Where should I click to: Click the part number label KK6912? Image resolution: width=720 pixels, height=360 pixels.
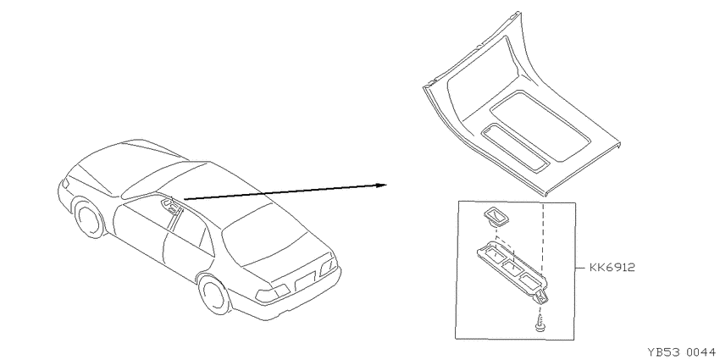[612, 267]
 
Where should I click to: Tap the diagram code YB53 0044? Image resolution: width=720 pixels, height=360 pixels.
[681, 352]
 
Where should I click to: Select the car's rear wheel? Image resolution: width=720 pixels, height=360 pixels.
[215, 295]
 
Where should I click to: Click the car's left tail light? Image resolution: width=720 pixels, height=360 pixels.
[272, 294]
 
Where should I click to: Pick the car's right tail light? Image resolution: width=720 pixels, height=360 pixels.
[329, 266]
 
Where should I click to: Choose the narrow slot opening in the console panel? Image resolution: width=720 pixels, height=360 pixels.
[515, 148]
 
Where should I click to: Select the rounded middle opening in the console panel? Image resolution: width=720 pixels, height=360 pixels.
[540, 126]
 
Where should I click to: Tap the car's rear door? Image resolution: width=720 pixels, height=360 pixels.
[189, 248]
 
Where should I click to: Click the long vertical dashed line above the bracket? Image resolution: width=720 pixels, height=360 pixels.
[543, 238]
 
